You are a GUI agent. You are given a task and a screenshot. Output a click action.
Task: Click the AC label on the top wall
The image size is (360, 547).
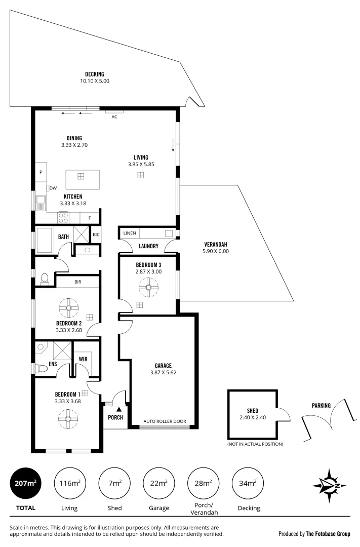[114, 116]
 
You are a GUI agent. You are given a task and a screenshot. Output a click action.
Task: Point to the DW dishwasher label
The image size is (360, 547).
[53, 188]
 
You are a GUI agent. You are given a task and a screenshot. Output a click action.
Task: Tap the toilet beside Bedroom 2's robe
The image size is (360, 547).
[44, 279]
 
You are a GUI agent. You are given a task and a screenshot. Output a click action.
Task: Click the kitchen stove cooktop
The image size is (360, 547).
[64, 217]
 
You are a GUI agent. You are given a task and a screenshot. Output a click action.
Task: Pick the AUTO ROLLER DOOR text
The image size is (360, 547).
[165, 421]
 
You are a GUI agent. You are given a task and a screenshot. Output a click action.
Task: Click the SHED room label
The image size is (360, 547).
[252, 411]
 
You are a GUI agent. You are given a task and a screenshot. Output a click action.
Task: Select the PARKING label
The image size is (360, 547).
[321, 405]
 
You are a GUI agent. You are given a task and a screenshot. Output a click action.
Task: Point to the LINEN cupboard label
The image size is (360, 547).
[130, 233]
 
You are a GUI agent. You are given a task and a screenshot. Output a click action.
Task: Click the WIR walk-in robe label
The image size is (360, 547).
[84, 360]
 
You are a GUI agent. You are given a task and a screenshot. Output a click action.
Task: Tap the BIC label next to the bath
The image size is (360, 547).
[96, 235]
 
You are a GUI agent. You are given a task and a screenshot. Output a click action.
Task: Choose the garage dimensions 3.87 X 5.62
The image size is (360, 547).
[164, 372]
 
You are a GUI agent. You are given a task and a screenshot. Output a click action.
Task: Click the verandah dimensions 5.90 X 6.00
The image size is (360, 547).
[216, 251]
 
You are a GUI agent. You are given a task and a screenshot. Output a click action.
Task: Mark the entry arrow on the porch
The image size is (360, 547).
[119, 409]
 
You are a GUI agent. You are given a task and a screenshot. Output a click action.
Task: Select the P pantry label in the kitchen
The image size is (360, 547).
[41, 172]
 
